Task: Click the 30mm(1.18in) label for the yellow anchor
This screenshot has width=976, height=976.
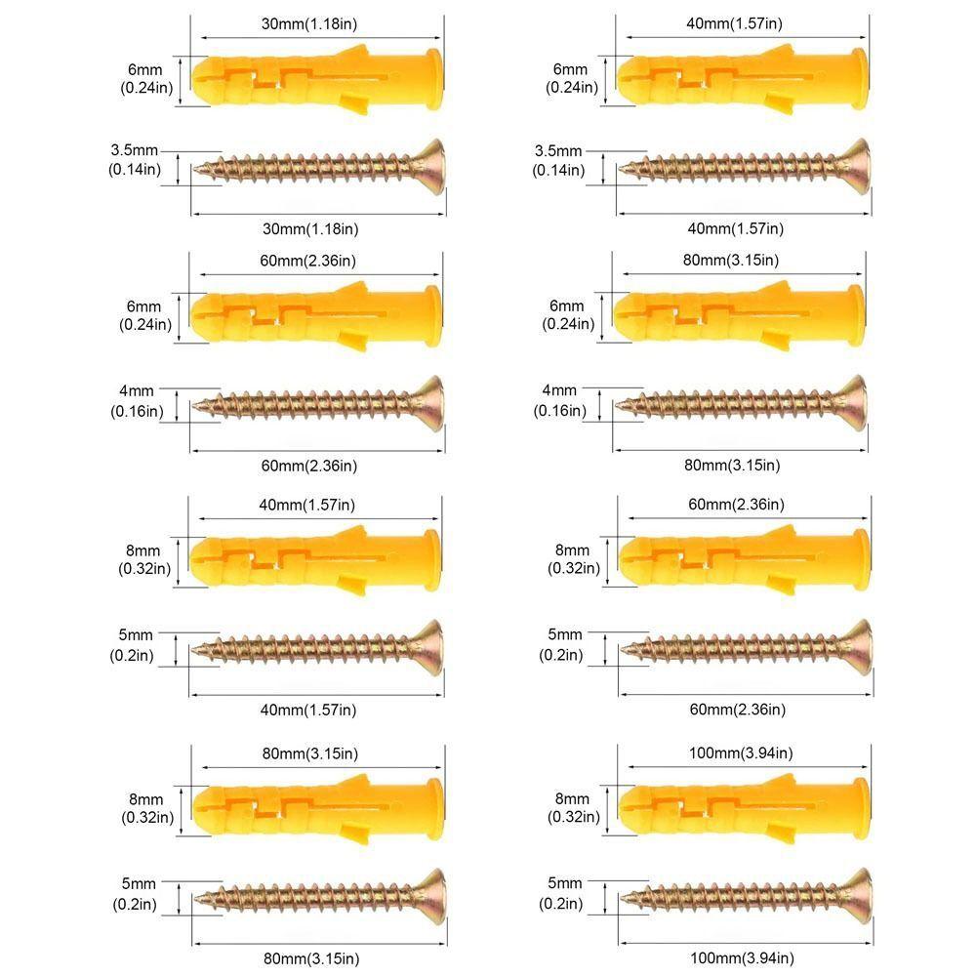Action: (x=309, y=24)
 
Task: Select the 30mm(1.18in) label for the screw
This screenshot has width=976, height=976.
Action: (x=310, y=229)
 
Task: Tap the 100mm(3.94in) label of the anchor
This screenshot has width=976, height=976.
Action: (x=741, y=753)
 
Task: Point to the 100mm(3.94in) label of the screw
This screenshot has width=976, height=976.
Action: (x=742, y=958)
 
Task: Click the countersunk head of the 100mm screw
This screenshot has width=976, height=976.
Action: (x=857, y=896)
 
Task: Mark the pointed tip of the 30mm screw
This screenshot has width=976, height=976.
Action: (x=195, y=169)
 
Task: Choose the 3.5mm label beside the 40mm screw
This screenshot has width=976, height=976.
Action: (x=558, y=151)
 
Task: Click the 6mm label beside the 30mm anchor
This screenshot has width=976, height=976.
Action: (x=145, y=69)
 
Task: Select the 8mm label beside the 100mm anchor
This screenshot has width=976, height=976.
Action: (x=572, y=798)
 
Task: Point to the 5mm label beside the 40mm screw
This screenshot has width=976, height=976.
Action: (x=136, y=635)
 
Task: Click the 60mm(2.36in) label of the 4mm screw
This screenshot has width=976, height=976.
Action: (x=309, y=466)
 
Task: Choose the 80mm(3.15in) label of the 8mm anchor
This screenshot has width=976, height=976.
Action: (x=310, y=753)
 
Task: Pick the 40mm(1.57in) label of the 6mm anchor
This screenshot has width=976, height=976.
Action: (x=735, y=23)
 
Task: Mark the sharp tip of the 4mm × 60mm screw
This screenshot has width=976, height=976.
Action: (x=194, y=406)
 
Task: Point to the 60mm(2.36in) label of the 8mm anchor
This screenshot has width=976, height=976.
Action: (x=736, y=505)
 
